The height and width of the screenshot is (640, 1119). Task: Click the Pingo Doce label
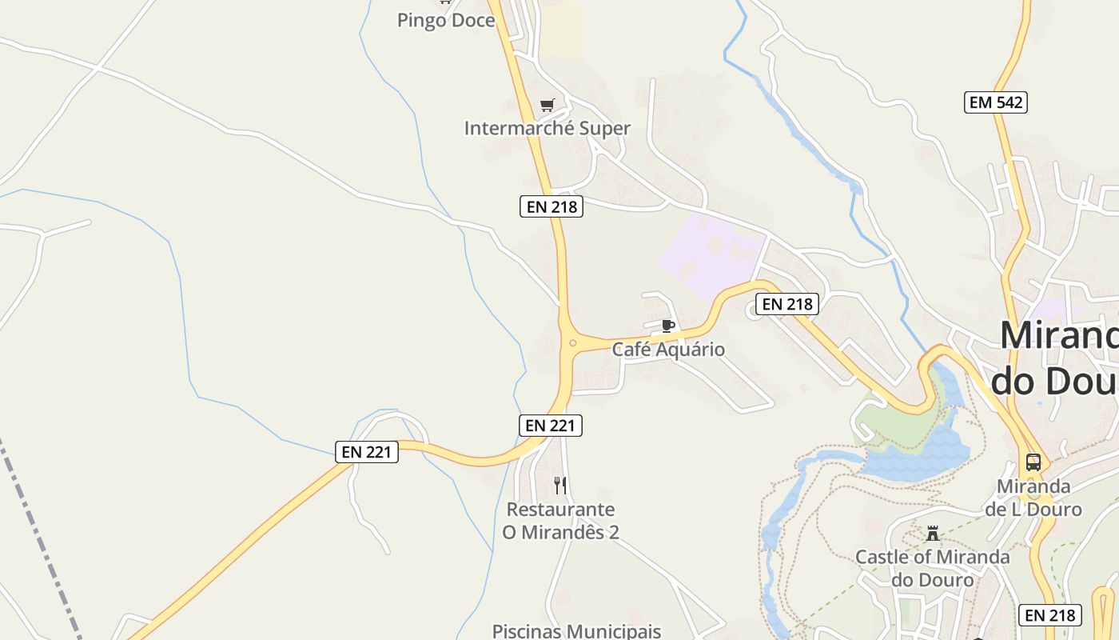coord(446,21)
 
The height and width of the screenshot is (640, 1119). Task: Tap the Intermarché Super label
coord(547,128)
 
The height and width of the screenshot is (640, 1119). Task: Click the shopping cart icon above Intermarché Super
coord(547,105)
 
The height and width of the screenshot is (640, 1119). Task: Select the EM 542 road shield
coord(995,102)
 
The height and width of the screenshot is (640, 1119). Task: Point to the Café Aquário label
coord(668,350)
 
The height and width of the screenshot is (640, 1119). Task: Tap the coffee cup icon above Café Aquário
coord(668,326)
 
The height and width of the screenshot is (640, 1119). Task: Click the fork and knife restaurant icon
coord(560,485)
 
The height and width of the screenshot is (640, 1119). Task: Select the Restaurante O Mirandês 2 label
coord(560,521)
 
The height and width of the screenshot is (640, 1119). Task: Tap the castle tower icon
coord(932,534)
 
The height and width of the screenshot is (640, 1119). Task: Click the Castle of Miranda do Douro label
coord(933,568)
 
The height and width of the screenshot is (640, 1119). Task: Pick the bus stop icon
coord(1033,462)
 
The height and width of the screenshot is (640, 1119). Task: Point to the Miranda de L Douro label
coord(1033,498)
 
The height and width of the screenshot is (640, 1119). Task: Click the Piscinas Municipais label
coord(576,631)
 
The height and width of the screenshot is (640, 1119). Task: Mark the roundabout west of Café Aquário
coord(572,343)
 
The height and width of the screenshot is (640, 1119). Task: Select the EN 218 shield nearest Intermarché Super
coord(552,206)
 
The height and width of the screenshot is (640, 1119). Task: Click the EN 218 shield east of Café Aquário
coord(787,304)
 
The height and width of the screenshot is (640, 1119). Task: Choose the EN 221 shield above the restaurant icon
coord(552,426)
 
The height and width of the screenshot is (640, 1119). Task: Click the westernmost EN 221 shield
coord(366,452)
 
